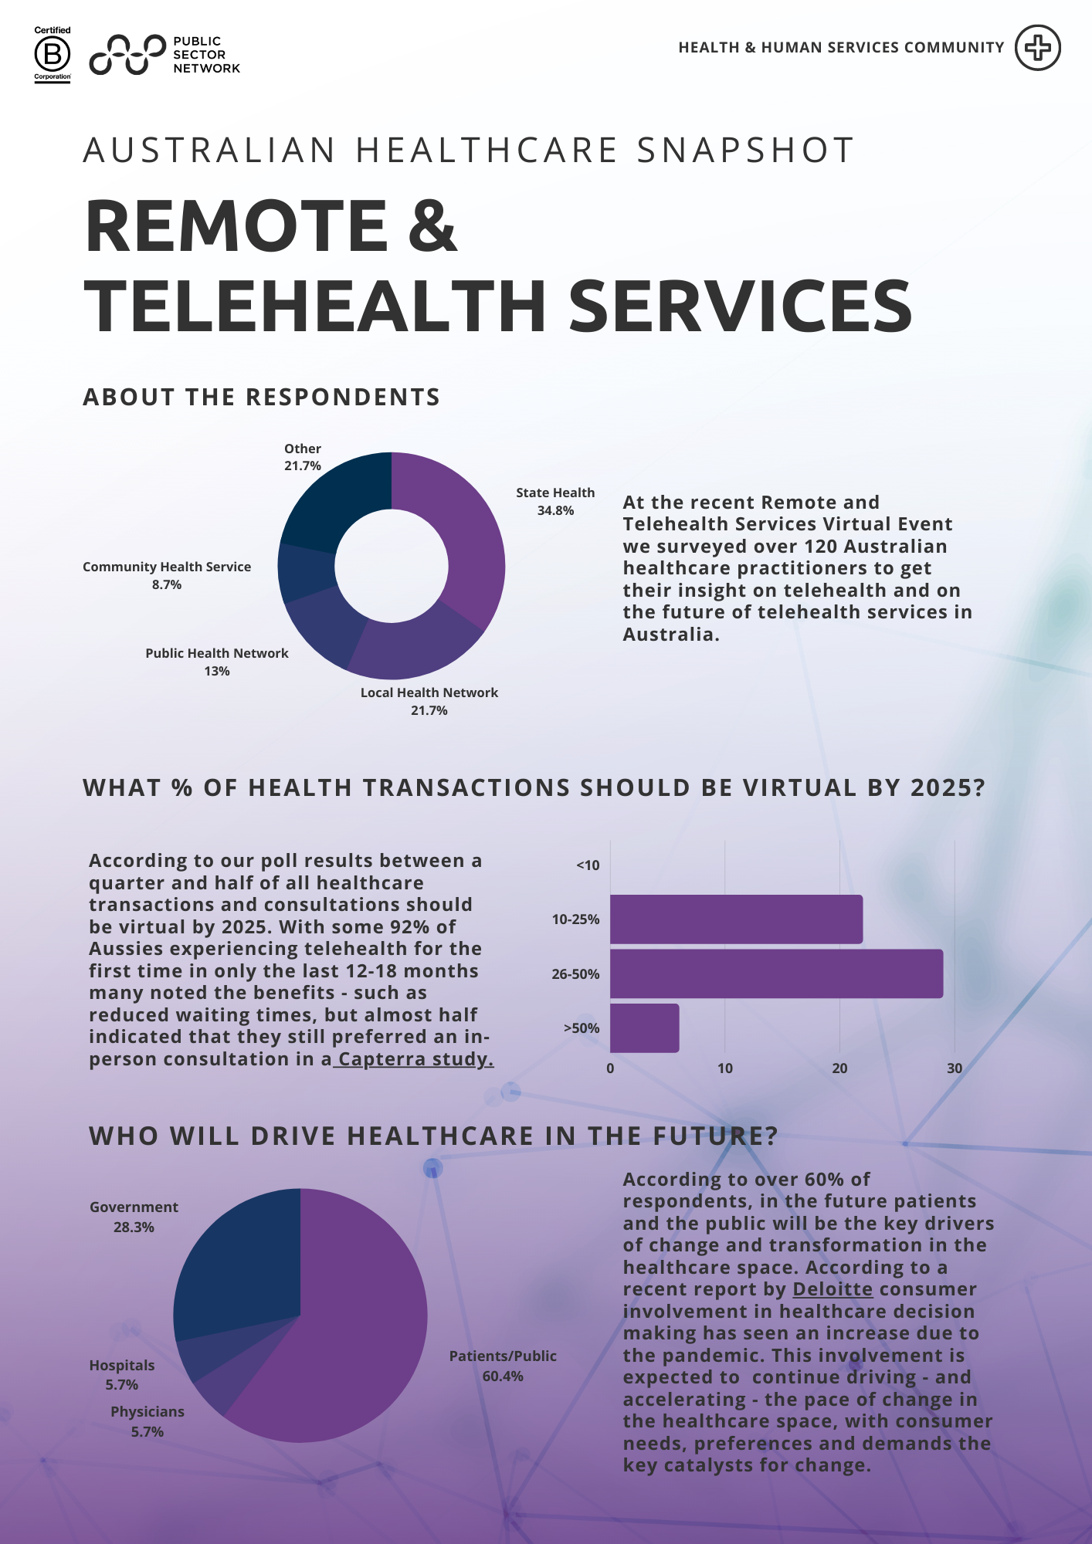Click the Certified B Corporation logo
click(x=53, y=54)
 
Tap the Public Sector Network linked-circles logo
click(x=127, y=55)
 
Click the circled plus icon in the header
click(x=1037, y=48)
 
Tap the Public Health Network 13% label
click(x=217, y=662)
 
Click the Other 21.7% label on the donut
click(x=302, y=457)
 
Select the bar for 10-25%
click(x=735, y=919)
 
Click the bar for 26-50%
click(x=775, y=973)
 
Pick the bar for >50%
click(x=644, y=1028)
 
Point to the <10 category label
click(x=588, y=865)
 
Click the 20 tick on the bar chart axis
click(x=839, y=1068)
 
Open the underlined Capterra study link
click(x=415, y=1059)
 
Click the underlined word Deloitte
click(x=833, y=1289)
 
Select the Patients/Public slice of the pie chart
click(x=348, y=1359)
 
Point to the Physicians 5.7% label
click(x=147, y=1421)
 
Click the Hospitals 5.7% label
click(x=122, y=1375)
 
